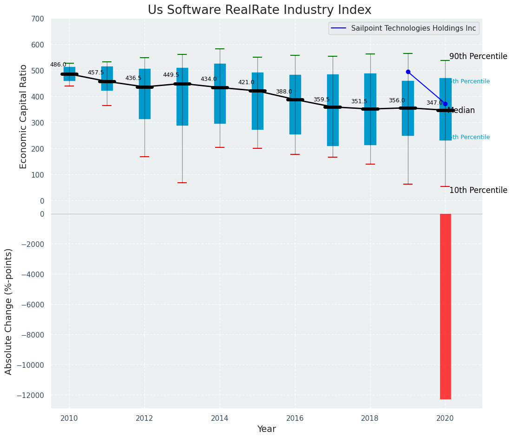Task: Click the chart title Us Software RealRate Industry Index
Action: pyautogui.click(x=259, y=10)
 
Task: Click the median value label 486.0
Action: pyautogui.click(x=58, y=65)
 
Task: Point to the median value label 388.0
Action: pyautogui.click(x=284, y=92)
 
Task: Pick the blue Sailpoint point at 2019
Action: pyautogui.click(x=408, y=72)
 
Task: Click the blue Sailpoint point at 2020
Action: pyautogui.click(x=445, y=104)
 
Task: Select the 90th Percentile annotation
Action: pyautogui.click(x=478, y=56)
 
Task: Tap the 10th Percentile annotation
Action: pyautogui.click(x=478, y=190)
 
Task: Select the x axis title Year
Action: pyautogui.click(x=267, y=429)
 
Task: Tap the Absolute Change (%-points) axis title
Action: pyautogui.click(x=9, y=311)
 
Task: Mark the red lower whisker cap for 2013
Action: pyautogui.click(x=182, y=183)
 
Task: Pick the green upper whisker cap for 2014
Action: pyautogui.click(x=220, y=49)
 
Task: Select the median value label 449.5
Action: pyautogui.click(x=171, y=75)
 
